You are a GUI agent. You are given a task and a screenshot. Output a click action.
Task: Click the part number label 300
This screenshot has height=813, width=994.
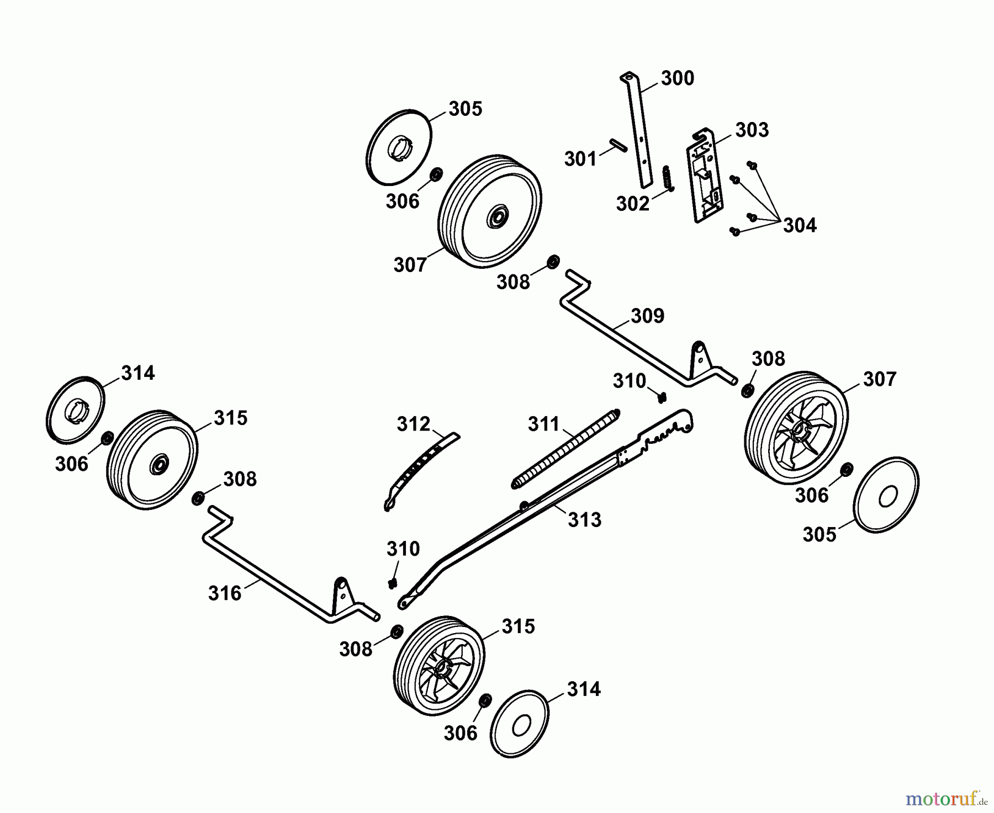pyautogui.click(x=678, y=78)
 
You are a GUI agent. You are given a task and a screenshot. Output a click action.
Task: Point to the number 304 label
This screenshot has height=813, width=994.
pyautogui.click(x=800, y=225)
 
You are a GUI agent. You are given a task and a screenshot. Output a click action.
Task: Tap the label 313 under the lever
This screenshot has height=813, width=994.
pyautogui.click(x=585, y=520)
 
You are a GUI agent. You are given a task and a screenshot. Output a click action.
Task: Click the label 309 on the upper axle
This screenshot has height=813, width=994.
pyautogui.click(x=648, y=316)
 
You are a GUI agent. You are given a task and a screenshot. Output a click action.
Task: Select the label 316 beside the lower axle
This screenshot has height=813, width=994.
pyautogui.click(x=225, y=593)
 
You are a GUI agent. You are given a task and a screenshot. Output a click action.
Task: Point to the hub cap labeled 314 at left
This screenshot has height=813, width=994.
pyautogui.click(x=75, y=409)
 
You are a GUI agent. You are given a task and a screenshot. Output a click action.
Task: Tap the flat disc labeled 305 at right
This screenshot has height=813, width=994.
pyautogui.click(x=886, y=495)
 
